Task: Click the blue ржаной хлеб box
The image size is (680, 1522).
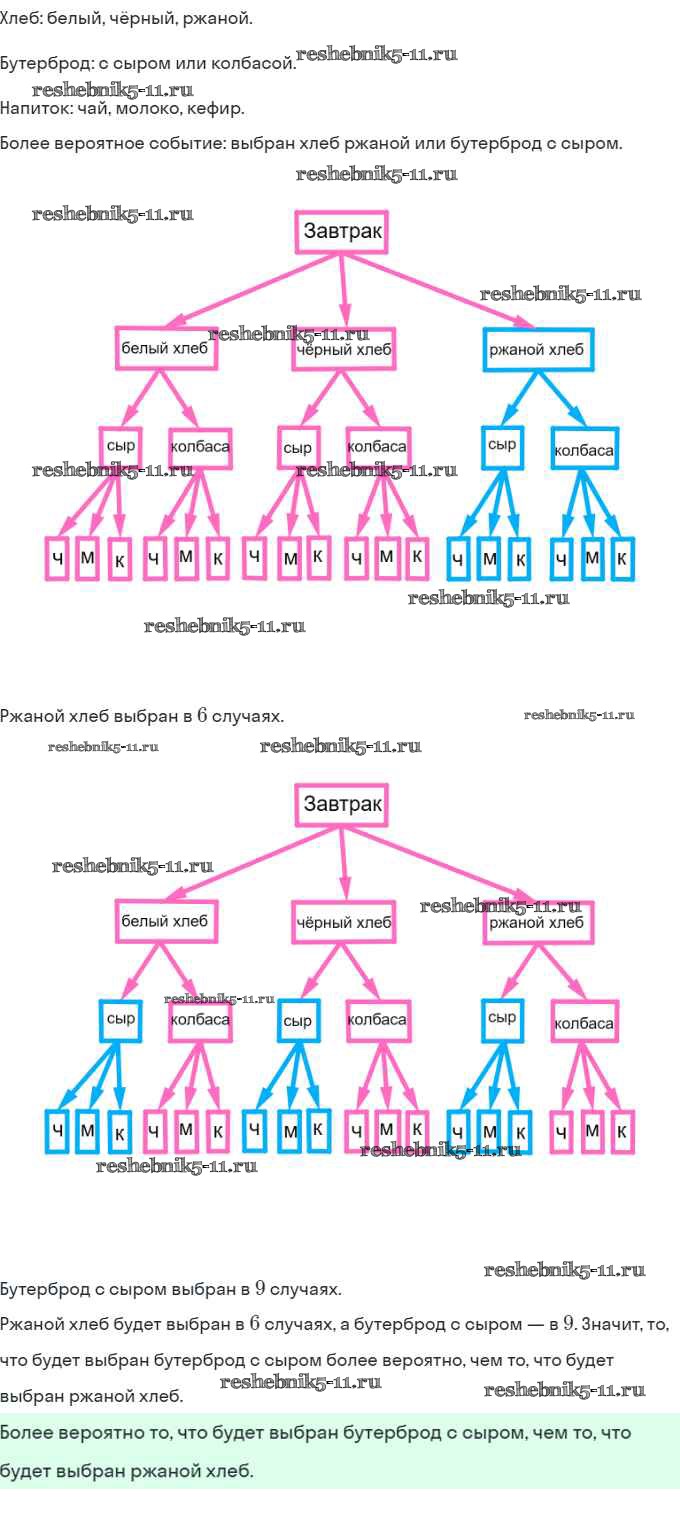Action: point(538,350)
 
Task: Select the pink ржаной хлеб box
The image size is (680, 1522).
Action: point(538,922)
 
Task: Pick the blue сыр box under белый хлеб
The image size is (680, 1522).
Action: point(120,1018)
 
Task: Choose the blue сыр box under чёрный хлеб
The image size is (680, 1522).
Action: point(298,1020)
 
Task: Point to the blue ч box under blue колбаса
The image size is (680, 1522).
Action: point(563,559)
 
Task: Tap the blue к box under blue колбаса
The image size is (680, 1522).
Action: point(622,558)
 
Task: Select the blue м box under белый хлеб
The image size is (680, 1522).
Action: point(87,1130)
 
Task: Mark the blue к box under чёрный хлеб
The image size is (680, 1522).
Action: point(318,1129)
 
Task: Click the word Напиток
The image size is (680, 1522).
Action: point(31,107)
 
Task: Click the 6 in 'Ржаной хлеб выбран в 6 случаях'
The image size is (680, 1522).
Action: point(201,716)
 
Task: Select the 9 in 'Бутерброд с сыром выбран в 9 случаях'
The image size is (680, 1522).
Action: point(260,1288)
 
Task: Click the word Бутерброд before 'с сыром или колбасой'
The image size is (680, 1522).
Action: point(45,63)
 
